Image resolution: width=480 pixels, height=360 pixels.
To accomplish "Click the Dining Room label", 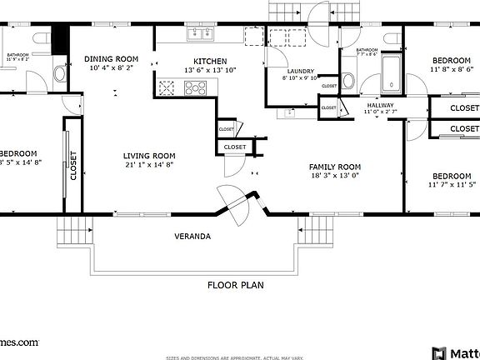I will pyautogui.click(x=111, y=58).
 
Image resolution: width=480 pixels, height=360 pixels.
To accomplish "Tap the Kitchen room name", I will pyautogui.click(x=209, y=61).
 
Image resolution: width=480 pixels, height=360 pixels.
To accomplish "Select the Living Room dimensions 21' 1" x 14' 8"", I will pyautogui.click(x=149, y=165).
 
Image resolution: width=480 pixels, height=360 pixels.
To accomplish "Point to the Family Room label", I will pyautogui.click(x=335, y=166).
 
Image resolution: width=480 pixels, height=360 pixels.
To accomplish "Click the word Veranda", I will pyautogui.click(x=192, y=236).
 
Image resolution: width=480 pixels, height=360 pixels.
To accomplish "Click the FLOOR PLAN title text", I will pyautogui.click(x=235, y=285).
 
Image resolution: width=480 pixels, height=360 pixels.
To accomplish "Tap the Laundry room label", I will pyautogui.click(x=300, y=72).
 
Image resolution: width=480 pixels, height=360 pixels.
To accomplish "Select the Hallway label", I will pyautogui.click(x=380, y=105).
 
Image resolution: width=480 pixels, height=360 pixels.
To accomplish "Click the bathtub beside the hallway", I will pyautogui.click(x=391, y=76).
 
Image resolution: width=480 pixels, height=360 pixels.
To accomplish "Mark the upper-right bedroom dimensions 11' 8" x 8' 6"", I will pyautogui.click(x=452, y=71).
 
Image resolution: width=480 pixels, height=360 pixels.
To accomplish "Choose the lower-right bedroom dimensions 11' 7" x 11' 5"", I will pyautogui.click(x=452, y=184).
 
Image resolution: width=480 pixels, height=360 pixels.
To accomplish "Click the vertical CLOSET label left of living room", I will pyautogui.click(x=73, y=165).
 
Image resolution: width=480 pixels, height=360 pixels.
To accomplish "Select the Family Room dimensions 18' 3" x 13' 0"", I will pyautogui.click(x=335, y=176).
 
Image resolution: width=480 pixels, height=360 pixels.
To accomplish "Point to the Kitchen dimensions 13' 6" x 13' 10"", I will pyautogui.click(x=209, y=71).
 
